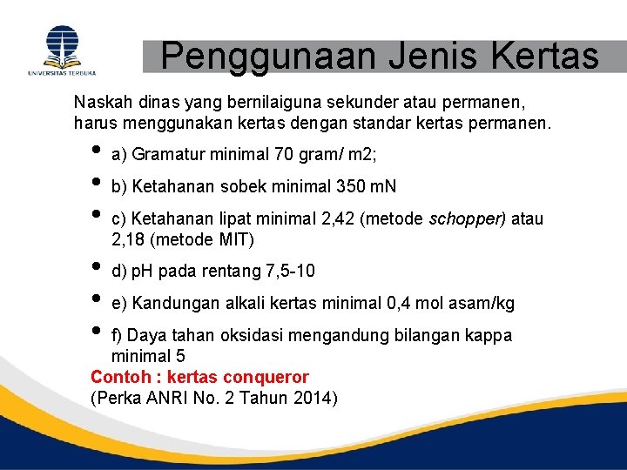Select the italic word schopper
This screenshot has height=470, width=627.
tap(468, 219)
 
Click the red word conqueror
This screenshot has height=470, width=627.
tap(266, 377)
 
